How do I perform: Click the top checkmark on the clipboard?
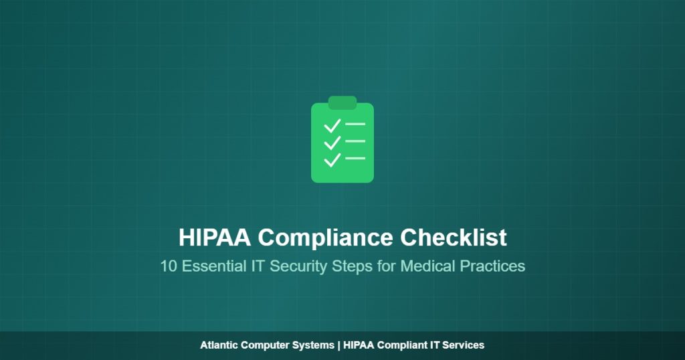click(332, 125)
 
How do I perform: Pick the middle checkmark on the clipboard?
click(332, 142)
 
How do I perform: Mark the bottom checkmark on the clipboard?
click(332, 159)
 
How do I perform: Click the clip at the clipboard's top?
click(342, 102)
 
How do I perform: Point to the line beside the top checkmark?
click(355, 124)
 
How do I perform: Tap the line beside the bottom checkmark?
click(355, 159)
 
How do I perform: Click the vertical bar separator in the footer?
click(339, 345)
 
